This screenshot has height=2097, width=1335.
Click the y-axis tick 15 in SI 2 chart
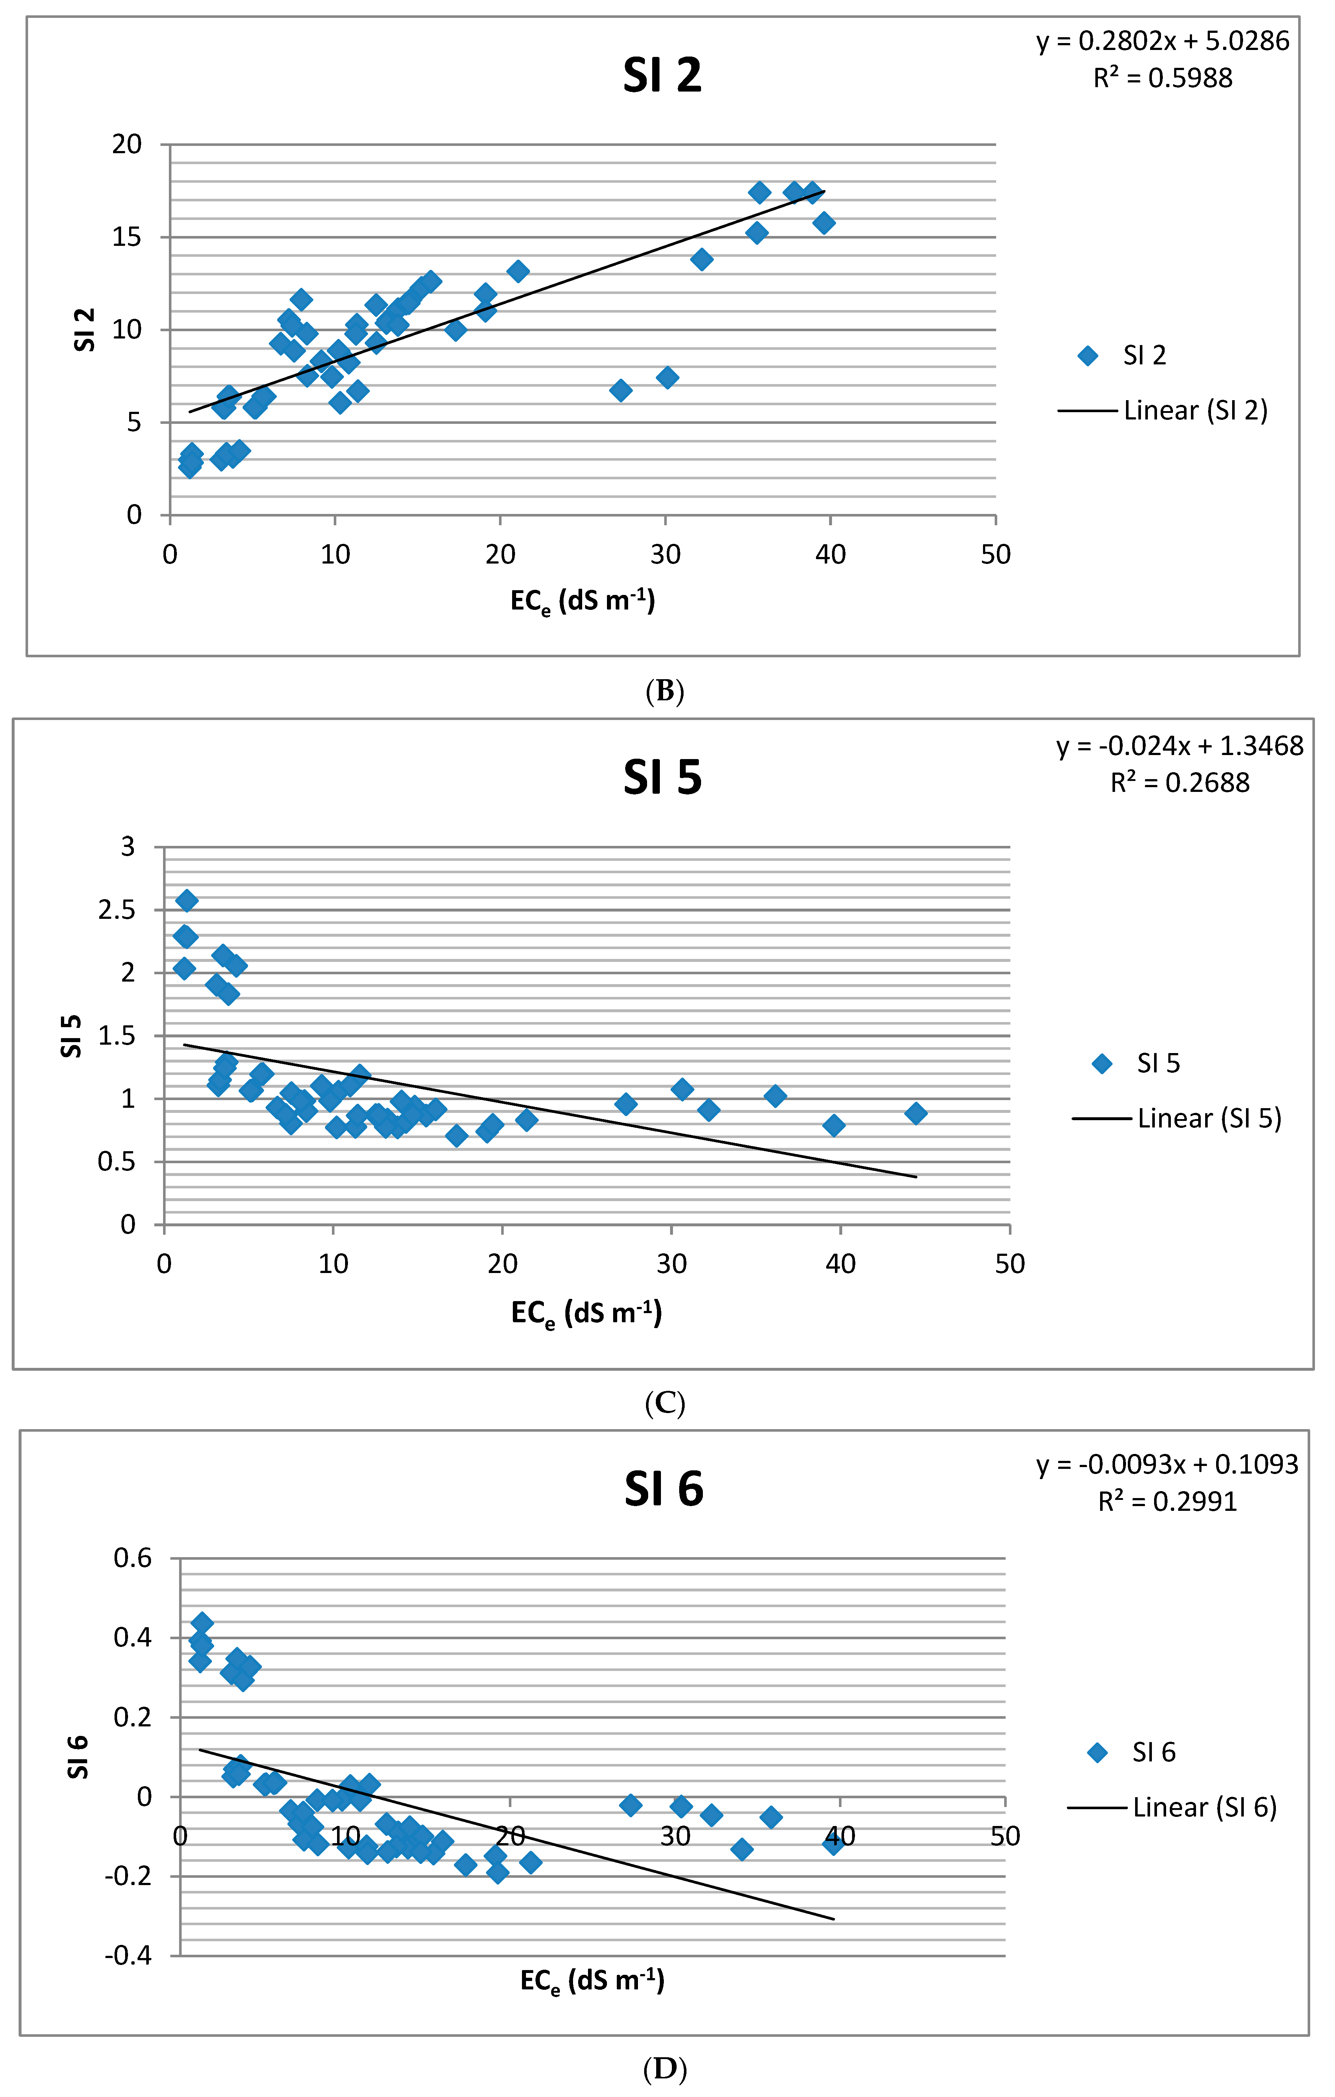click(x=126, y=237)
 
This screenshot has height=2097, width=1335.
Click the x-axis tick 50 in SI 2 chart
click(x=995, y=555)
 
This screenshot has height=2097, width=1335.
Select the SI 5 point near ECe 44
click(x=915, y=1113)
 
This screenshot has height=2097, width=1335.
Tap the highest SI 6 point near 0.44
click(x=202, y=1623)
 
